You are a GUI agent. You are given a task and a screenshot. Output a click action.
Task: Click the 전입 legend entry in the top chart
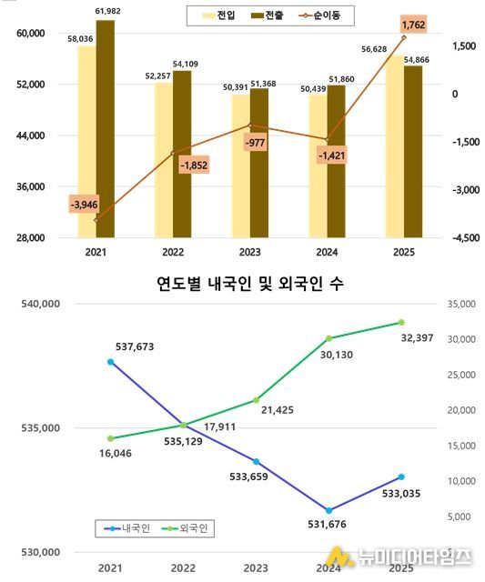pyautogui.click(x=217, y=15)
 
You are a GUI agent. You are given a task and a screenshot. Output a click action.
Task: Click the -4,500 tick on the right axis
pyautogui.click(x=453, y=238)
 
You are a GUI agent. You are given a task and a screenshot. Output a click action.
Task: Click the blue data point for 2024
pyautogui.click(x=328, y=510)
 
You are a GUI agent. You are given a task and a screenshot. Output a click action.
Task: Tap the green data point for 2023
pyautogui.click(x=257, y=400)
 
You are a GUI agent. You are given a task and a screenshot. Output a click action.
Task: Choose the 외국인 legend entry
pyautogui.click(x=187, y=527)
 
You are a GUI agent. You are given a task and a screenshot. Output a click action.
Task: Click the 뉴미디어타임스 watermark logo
pyautogui.click(x=399, y=556)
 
